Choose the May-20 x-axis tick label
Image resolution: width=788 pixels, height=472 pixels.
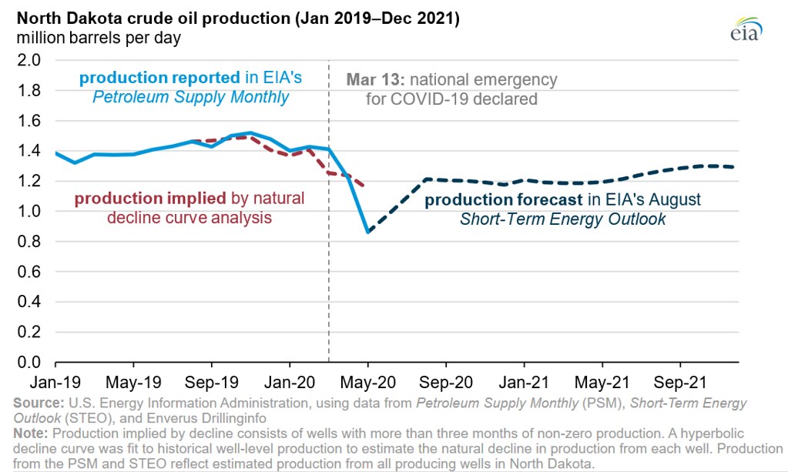click(368, 381)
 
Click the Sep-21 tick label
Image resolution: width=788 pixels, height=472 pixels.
click(680, 381)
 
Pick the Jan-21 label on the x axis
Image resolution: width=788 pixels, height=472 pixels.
click(525, 381)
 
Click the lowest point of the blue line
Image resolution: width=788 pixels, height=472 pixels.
click(368, 232)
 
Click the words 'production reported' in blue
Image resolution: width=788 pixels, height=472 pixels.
click(159, 78)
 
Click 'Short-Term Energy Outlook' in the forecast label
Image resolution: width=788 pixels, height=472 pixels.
click(562, 219)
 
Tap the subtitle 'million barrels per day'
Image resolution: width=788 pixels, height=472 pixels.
click(91, 37)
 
